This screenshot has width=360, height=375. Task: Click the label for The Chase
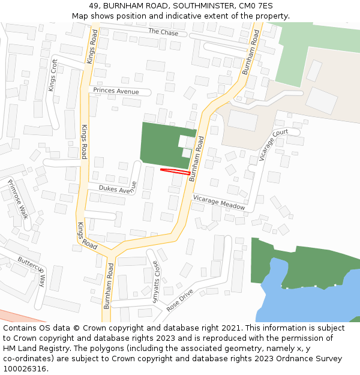click(163, 32)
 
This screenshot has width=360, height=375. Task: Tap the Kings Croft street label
click(54, 75)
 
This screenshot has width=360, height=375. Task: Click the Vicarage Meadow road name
click(219, 202)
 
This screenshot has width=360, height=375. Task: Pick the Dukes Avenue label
click(118, 190)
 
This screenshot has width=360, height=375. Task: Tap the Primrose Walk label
click(19, 199)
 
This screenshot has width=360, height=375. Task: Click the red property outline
click(175, 172)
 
